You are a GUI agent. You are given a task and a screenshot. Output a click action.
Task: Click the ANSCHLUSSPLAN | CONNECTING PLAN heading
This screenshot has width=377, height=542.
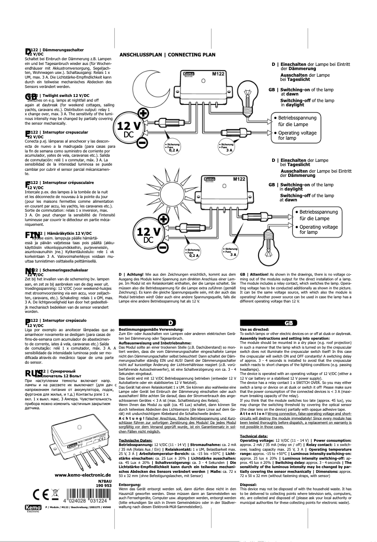point(168,55)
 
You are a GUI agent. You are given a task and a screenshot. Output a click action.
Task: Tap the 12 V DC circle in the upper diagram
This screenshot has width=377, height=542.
point(129,130)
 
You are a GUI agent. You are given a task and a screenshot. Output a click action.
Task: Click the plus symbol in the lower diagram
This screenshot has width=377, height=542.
point(163,220)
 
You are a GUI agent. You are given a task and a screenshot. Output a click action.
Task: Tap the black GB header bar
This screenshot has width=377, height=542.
point(288,322)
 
